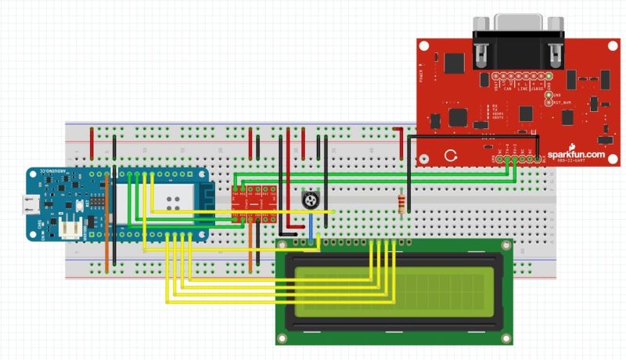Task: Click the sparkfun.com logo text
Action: point(577,154)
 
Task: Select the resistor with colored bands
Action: point(403,205)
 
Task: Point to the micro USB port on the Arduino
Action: point(31,204)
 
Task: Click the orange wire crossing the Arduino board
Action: point(107,235)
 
